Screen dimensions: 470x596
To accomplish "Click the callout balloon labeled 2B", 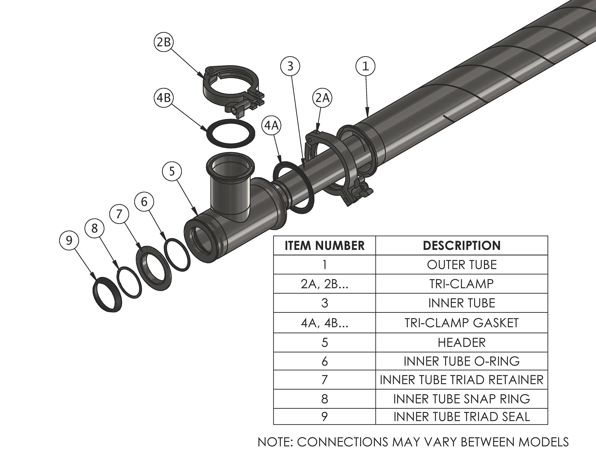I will (164, 43).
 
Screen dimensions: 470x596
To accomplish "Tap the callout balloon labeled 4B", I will (164, 98).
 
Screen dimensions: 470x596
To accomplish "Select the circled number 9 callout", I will (69, 240).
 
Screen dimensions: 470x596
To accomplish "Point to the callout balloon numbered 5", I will (172, 171).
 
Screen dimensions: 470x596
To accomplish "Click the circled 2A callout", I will (322, 98).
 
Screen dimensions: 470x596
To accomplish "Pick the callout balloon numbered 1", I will (365, 66).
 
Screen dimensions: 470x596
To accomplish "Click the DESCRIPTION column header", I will (462, 246).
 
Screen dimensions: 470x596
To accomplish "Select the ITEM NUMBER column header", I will (325, 246).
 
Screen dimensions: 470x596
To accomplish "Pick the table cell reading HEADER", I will (462, 343).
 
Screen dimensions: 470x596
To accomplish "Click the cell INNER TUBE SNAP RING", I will (462, 399).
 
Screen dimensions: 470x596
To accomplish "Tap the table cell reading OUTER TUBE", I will (462, 265).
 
